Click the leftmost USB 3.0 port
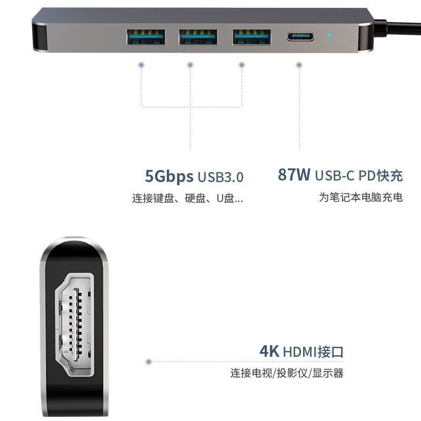(146, 37)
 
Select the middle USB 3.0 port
(198, 37)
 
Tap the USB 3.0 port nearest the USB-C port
(252, 37)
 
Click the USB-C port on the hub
(300, 37)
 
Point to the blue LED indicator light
(330, 36)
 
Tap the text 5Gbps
(169, 176)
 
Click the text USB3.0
(221, 177)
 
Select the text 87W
(294, 175)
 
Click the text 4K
(269, 351)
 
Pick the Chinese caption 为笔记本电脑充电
(360, 197)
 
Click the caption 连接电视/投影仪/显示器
(286, 373)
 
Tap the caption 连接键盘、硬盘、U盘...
(187, 199)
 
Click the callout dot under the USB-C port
(299, 65)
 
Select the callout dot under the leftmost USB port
(141, 65)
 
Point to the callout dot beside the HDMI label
(149, 362)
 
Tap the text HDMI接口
(313, 352)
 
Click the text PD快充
(380, 175)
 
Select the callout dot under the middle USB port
(190, 65)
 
